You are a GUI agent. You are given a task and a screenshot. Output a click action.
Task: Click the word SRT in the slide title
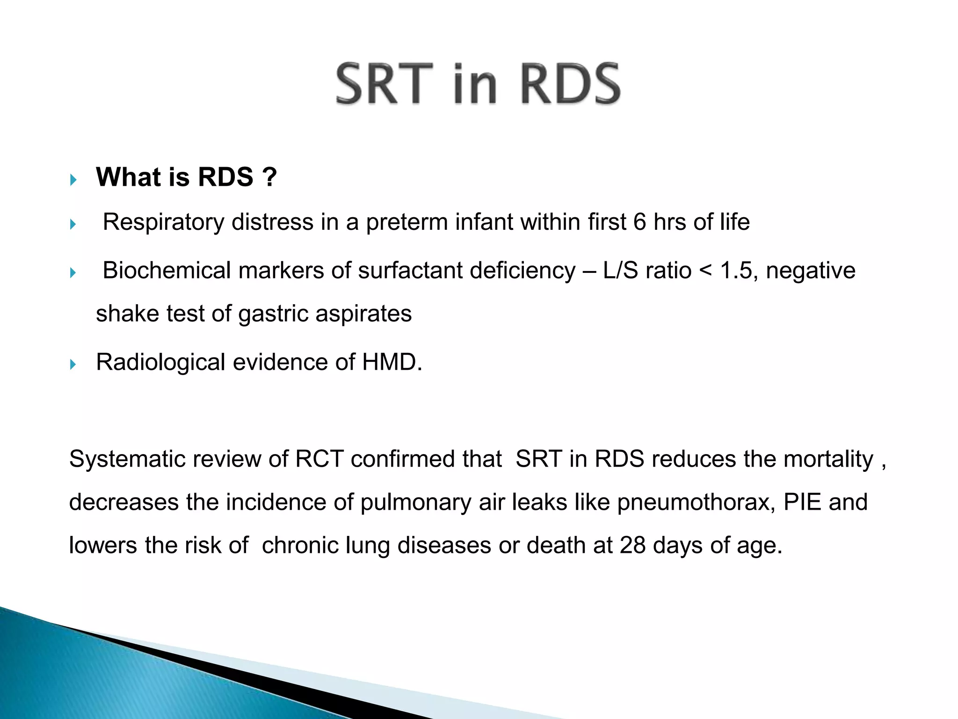(385, 84)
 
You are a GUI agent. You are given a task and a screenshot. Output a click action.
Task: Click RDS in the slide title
(570, 84)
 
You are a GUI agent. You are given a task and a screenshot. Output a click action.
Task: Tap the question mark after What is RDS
(269, 177)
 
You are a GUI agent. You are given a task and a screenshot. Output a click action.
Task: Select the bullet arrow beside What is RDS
(73, 179)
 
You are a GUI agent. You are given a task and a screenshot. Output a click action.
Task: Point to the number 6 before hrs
(639, 222)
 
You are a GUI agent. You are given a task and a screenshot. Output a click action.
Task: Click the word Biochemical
(167, 271)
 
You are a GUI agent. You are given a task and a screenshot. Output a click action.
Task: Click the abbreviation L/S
(620, 271)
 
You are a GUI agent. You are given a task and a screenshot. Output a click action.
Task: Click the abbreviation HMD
(391, 362)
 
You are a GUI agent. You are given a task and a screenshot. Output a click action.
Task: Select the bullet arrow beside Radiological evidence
(73, 364)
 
